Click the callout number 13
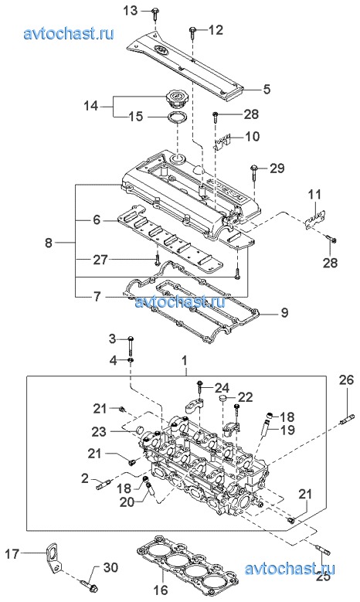pyautogui.click(x=130, y=10)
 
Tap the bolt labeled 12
pyautogui.click(x=192, y=32)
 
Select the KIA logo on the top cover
pyautogui.click(x=162, y=50)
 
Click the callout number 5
pyautogui.click(x=267, y=89)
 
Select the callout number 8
pyautogui.click(x=49, y=243)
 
